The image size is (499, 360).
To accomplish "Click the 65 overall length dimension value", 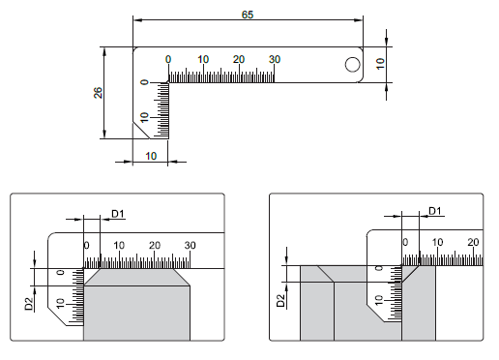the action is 248,15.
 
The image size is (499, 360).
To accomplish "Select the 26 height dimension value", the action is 98,93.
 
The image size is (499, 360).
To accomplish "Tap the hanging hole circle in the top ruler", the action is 352,65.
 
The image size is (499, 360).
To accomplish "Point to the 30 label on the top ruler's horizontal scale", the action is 275,59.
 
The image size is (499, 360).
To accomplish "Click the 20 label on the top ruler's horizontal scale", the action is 239,59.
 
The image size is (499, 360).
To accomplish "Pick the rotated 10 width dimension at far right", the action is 381,64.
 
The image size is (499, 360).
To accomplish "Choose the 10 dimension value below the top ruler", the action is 151,156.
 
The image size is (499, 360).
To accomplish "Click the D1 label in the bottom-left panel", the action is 118,214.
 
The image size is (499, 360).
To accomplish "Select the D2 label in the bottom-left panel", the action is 29,304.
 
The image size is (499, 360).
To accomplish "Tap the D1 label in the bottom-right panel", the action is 435,211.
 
